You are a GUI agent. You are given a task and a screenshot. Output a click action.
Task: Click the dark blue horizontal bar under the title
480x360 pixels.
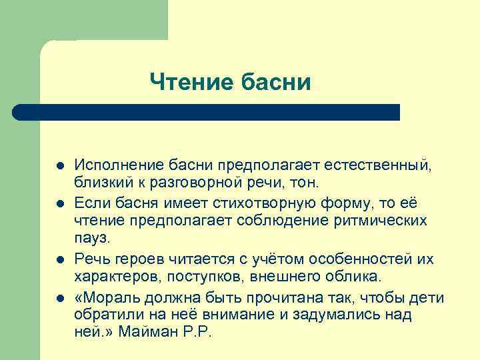point(207,112)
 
